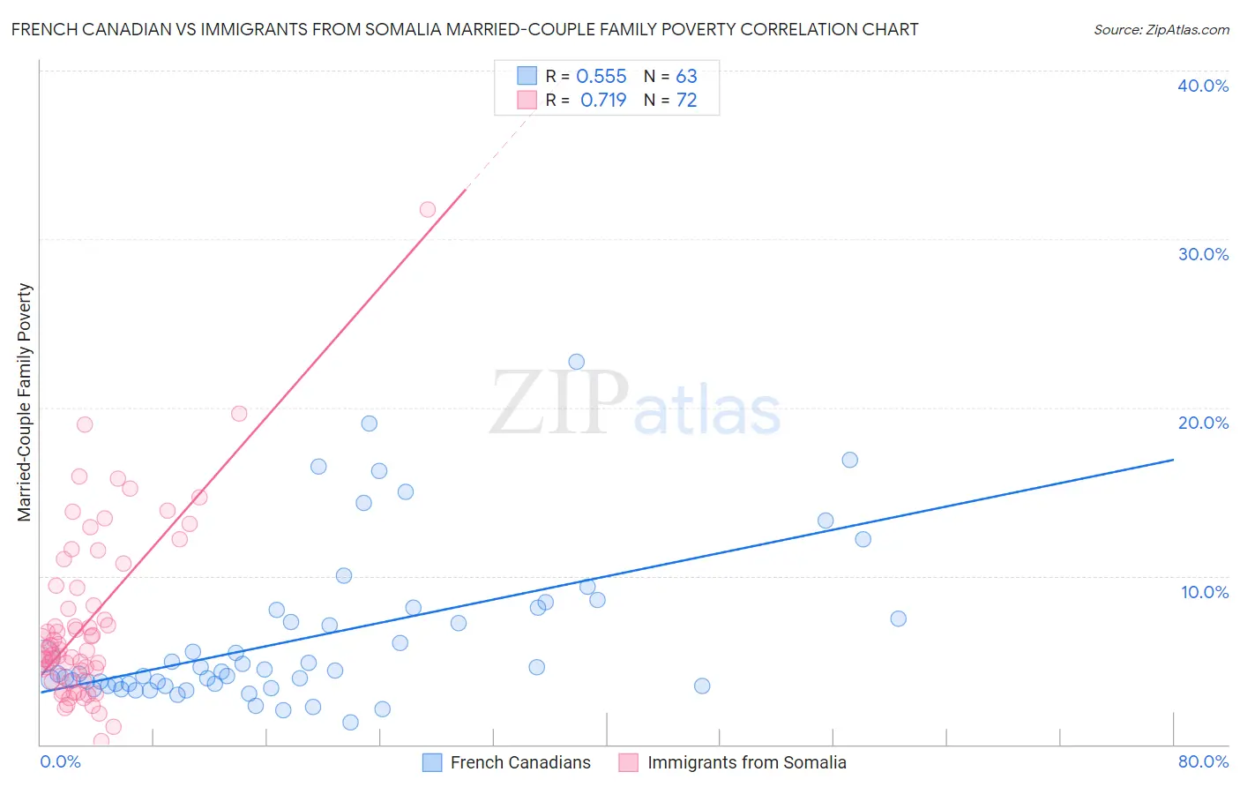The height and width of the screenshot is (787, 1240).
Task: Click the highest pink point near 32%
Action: tap(428, 210)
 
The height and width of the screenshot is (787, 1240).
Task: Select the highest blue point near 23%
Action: tap(577, 362)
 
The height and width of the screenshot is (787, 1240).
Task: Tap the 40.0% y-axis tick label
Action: tap(1203, 86)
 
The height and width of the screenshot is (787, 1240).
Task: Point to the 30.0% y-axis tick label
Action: tap(1203, 254)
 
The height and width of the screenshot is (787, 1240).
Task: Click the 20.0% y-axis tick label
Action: tap(1203, 423)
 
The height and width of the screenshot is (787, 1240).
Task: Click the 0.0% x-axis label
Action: tap(61, 761)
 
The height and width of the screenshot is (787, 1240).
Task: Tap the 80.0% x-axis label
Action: tap(1203, 761)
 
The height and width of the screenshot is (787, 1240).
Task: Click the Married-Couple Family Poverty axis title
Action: tap(25, 402)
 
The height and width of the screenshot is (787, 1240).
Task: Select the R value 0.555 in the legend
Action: tap(601, 77)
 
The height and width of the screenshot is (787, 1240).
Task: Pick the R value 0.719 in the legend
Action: tap(603, 101)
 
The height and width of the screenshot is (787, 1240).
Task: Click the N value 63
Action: tap(686, 77)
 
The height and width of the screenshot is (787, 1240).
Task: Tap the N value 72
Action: tap(686, 101)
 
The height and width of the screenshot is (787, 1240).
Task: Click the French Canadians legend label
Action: tap(520, 763)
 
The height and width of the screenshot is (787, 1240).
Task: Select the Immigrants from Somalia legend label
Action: tap(746, 763)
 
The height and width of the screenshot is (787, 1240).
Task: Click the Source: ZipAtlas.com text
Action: tap(1161, 30)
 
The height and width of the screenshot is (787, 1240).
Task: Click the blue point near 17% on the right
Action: tap(850, 460)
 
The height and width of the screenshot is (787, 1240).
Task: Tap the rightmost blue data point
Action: tap(899, 618)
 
